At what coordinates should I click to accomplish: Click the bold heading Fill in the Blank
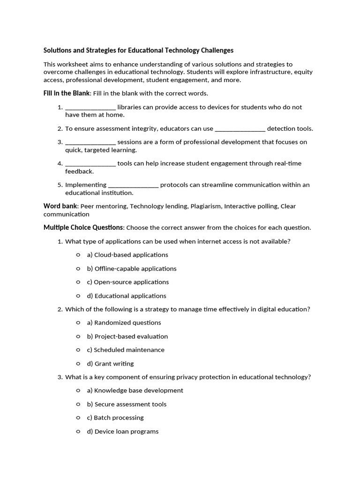tap(66, 93)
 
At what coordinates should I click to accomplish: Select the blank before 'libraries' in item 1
tap(90, 107)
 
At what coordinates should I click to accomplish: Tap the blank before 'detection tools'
tap(240, 129)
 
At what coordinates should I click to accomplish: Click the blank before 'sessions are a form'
tap(90, 142)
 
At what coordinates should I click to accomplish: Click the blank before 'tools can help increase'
tap(90, 164)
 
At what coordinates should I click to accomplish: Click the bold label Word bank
tap(61, 206)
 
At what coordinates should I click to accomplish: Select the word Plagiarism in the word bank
tap(204, 206)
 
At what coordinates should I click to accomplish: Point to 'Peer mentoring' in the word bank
tap(103, 206)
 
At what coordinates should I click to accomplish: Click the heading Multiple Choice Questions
tap(83, 228)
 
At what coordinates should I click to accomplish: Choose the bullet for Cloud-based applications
tap(78, 255)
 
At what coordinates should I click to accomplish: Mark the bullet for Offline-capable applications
tap(78, 269)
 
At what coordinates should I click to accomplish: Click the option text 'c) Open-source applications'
tap(128, 282)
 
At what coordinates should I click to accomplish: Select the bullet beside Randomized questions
tap(78, 322)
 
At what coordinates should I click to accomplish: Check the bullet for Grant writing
tap(78, 363)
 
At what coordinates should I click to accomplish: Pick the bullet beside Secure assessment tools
tap(78, 404)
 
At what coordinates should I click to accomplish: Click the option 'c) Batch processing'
tap(115, 418)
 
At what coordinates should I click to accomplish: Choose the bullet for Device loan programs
tap(78, 431)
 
